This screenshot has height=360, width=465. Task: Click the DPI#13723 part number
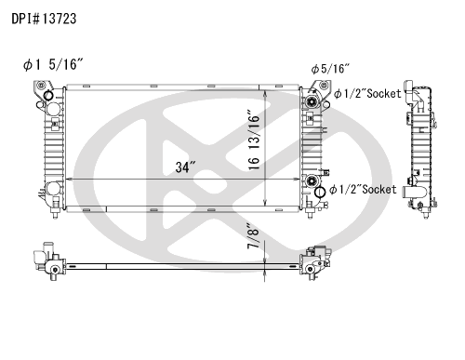(x=44, y=19)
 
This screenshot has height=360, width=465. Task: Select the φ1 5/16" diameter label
(x=53, y=64)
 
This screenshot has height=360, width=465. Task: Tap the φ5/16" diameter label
(x=330, y=69)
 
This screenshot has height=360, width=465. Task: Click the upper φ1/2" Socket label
(x=367, y=93)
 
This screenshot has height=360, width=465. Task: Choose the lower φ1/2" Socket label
(x=363, y=190)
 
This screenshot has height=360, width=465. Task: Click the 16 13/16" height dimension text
(x=254, y=140)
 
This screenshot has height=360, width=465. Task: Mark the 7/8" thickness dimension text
(x=253, y=235)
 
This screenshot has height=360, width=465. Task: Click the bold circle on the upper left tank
(x=48, y=95)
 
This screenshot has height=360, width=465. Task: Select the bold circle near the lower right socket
(x=319, y=193)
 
